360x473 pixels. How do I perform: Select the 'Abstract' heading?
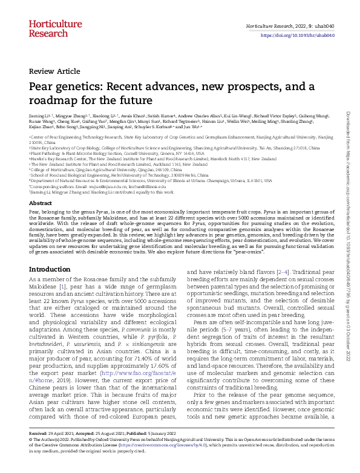(41, 203)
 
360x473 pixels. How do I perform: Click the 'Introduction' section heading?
(54, 269)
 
